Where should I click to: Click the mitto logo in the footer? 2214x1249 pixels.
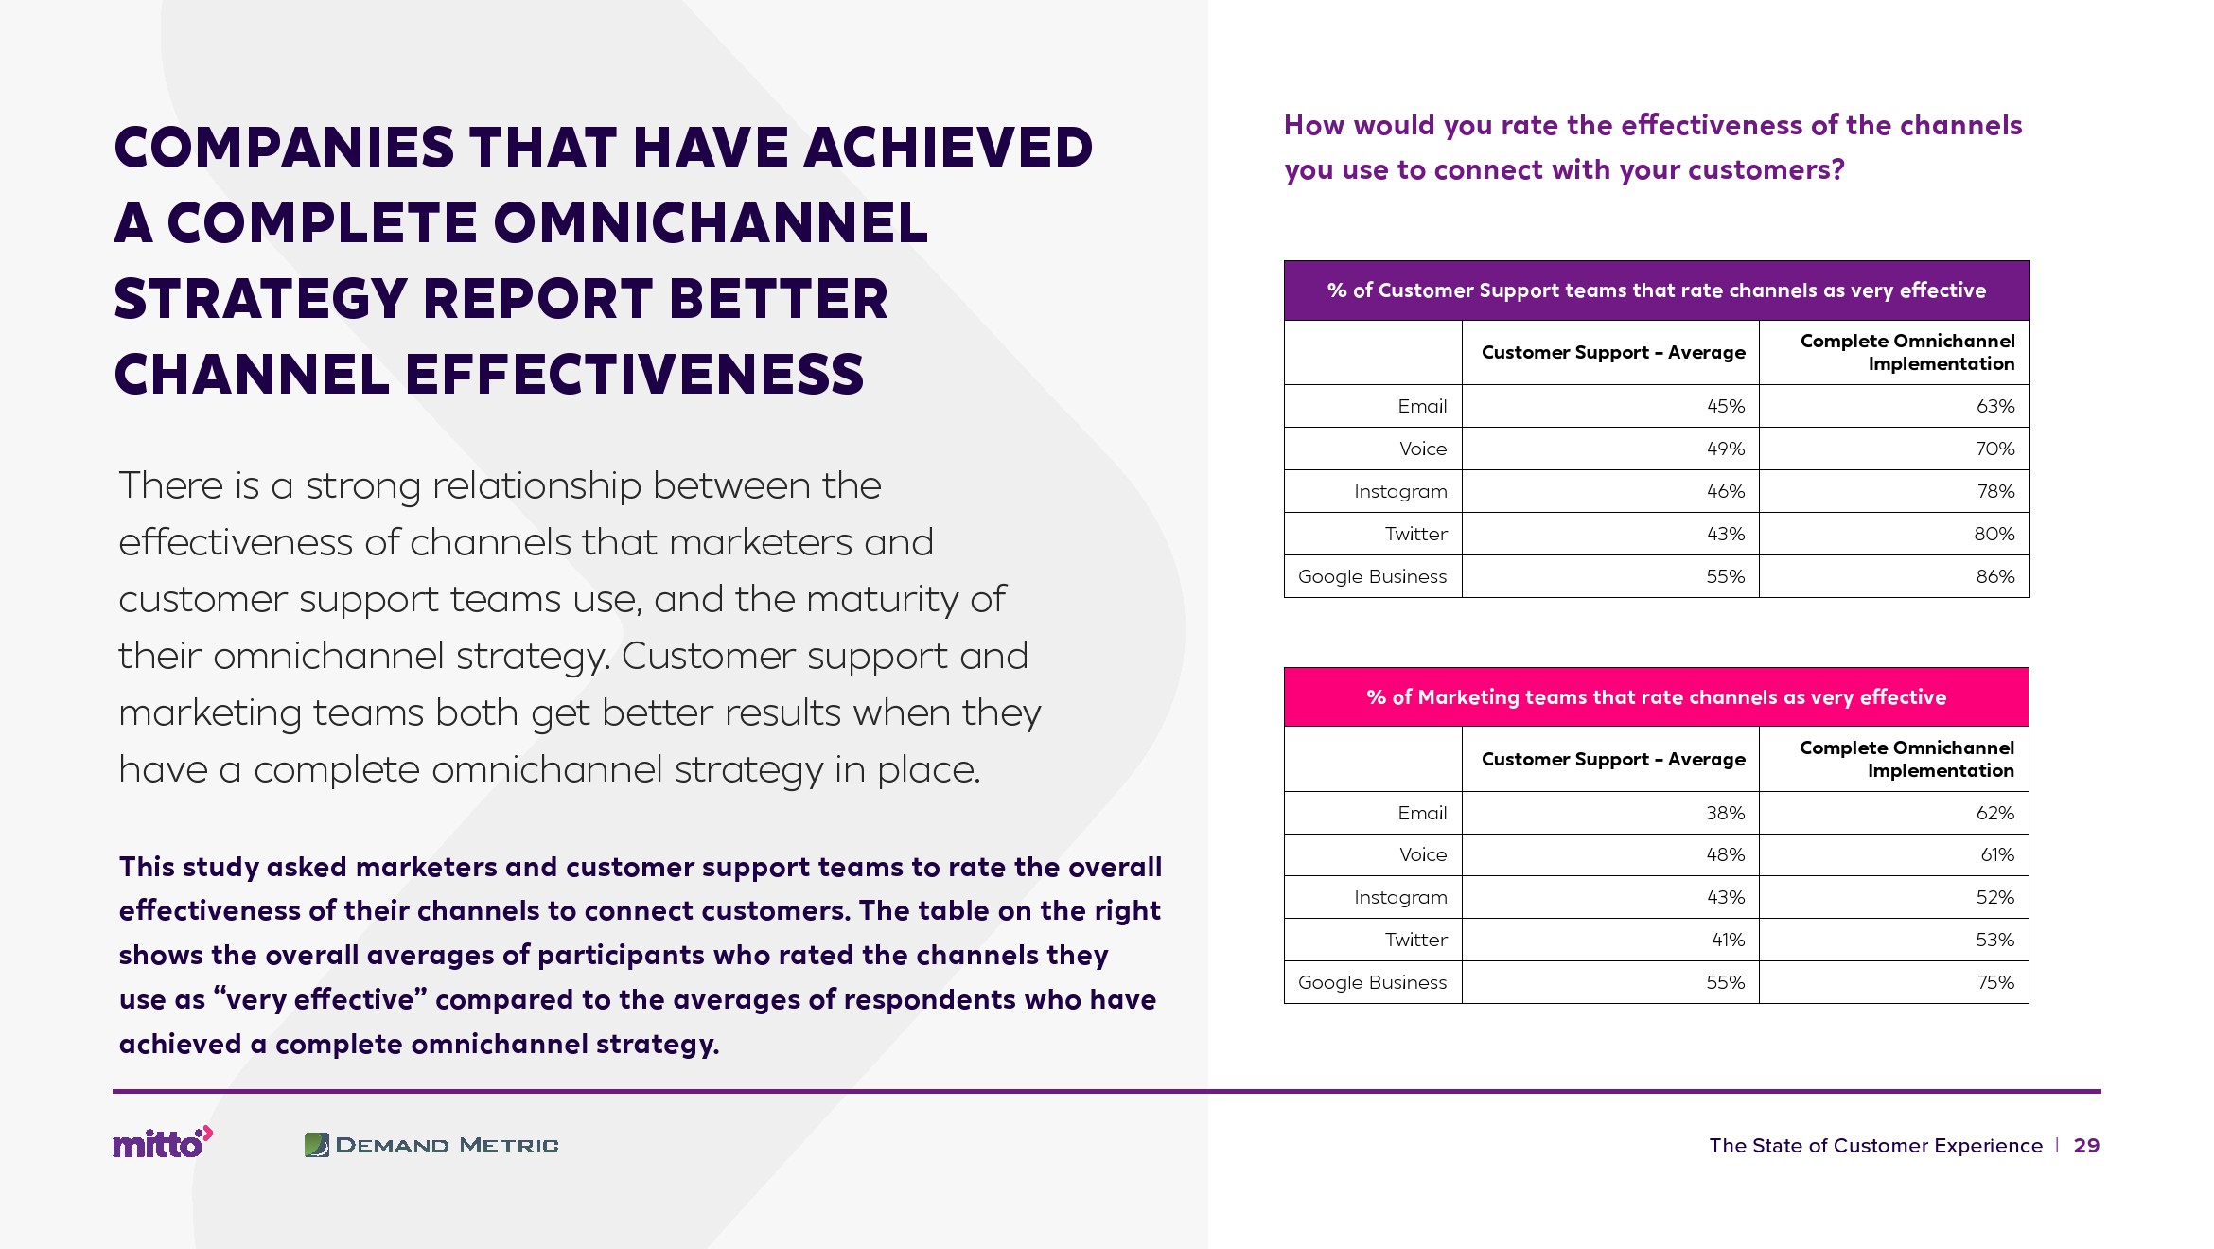[163, 1143]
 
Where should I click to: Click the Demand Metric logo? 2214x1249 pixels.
[431, 1145]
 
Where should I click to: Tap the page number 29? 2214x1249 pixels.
[2086, 1146]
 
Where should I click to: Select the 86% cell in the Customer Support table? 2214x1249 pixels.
[1994, 576]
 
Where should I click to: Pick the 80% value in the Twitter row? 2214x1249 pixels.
[1994, 534]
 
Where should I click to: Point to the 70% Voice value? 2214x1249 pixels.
[1994, 449]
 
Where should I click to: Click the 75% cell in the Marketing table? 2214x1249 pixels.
[1995, 982]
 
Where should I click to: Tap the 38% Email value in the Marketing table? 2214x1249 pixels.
[1725, 813]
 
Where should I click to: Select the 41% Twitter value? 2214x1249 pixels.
[1728, 940]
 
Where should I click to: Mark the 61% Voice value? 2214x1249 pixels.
[1997, 854]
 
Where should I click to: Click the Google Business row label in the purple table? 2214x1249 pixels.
[1372, 576]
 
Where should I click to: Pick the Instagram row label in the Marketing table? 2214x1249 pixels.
[1400, 898]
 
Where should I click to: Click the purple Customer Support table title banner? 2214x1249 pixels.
[1657, 290]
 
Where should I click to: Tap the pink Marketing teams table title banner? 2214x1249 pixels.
[1657, 697]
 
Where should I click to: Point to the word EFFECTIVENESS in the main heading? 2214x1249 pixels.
[635, 374]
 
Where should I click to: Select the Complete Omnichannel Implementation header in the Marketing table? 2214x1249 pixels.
[1906, 759]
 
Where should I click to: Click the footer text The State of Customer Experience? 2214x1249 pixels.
[1875, 1146]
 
